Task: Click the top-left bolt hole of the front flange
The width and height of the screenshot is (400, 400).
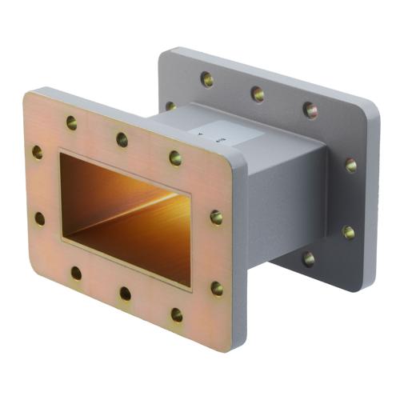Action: pyautogui.click(x=71, y=123)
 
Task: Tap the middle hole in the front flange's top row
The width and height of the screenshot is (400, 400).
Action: pyautogui.click(x=122, y=139)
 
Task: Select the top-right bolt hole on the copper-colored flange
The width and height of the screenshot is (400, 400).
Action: pyautogui.click(x=175, y=158)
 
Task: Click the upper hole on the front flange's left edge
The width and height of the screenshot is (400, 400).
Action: pyautogui.click(x=38, y=152)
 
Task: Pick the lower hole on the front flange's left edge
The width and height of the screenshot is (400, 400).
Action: pyautogui.click(x=39, y=218)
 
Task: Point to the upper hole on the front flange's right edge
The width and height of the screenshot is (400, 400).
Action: pyautogui.click(x=216, y=217)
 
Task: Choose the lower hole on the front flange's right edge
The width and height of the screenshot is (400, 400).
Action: pyautogui.click(x=217, y=288)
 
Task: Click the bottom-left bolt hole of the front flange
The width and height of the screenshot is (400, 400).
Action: pyautogui.click(x=76, y=274)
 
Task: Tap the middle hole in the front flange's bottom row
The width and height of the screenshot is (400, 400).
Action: pyautogui.click(x=126, y=294)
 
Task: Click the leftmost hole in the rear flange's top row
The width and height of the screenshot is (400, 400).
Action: pyautogui.click(x=206, y=79)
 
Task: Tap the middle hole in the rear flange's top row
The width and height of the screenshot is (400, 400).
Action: pyautogui.click(x=258, y=94)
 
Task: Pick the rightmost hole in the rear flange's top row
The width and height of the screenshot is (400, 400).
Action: pyautogui.click(x=310, y=110)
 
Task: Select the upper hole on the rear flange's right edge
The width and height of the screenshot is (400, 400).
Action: pyautogui.click(x=350, y=166)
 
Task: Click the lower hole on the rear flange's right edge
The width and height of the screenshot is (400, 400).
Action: pyautogui.click(x=349, y=233)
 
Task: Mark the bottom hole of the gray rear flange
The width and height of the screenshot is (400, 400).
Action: pyautogui.click(x=308, y=258)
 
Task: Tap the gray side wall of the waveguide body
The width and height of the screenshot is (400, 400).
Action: pyautogui.click(x=284, y=208)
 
